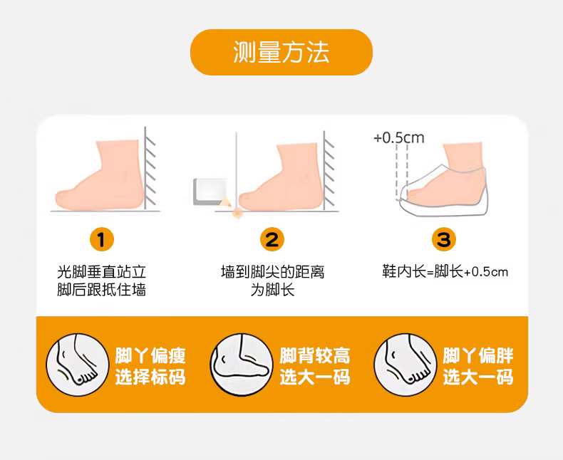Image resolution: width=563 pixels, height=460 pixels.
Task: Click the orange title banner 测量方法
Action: (x=281, y=53)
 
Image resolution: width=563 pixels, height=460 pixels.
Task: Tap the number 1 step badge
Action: (x=102, y=239)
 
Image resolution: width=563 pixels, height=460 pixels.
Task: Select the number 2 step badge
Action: (x=272, y=239)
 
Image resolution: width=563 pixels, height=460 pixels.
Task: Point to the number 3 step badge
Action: (x=444, y=239)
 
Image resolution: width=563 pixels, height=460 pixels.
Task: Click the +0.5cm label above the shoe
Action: (x=399, y=137)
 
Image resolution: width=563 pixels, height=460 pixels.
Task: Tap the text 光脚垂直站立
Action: (x=102, y=272)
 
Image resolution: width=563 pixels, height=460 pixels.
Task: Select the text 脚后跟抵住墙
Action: (x=102, y=290)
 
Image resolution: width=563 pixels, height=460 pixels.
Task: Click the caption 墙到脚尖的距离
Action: (x=272, y=272)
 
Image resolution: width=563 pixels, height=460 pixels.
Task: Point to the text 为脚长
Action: (x=272, y=290)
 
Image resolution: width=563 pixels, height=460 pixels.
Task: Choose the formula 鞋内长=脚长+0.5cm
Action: (x=445, y=271)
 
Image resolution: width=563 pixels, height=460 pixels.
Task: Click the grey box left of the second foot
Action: (x=210, y=192)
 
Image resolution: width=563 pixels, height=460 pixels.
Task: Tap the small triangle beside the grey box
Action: (x=225, y=202)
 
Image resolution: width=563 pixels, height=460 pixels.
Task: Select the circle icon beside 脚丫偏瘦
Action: (x=78, y=365)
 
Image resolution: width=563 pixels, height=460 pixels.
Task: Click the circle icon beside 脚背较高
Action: (x=242, y=365)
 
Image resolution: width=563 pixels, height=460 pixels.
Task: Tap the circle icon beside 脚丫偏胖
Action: (x=405, y=365)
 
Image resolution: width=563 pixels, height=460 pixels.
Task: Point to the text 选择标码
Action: (x=150, y=377)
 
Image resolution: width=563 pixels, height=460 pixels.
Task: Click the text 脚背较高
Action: (x=315, y=355)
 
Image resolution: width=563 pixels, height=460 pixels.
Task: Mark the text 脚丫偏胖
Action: (x=478, y=355)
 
